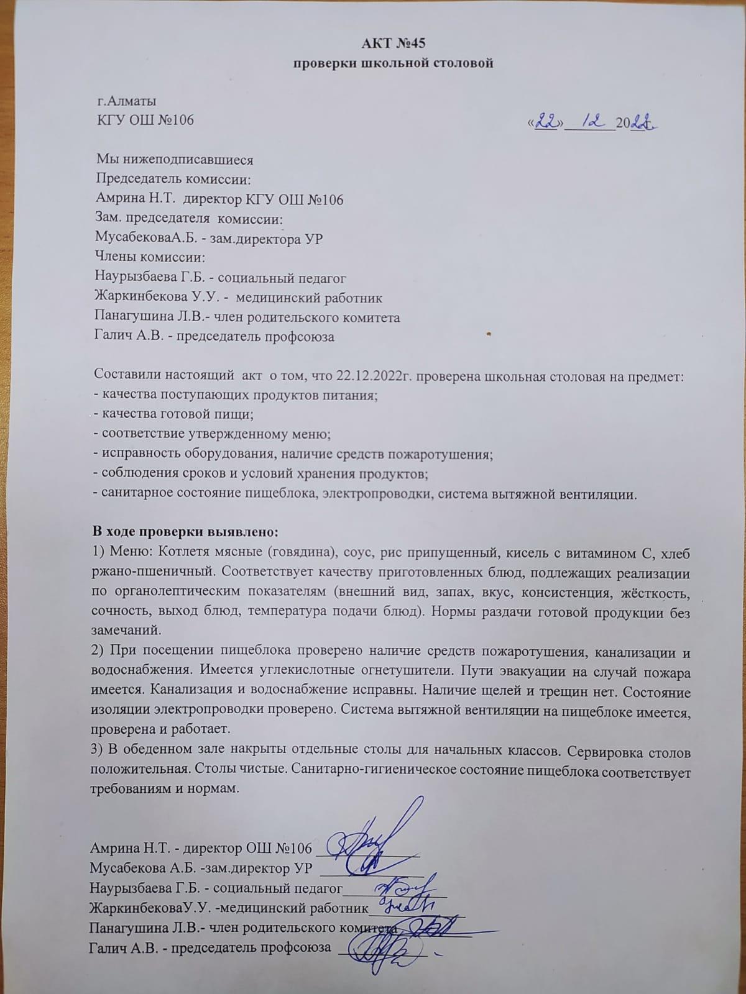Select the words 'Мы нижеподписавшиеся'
[x=175, y=160]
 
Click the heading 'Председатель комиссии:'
[x=173, y=180]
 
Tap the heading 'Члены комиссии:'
[x=149, y=258]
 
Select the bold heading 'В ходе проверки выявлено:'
[x=186, y=532]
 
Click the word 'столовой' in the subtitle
[x=461, y=63]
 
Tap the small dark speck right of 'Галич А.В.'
[x=489, y=336]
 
